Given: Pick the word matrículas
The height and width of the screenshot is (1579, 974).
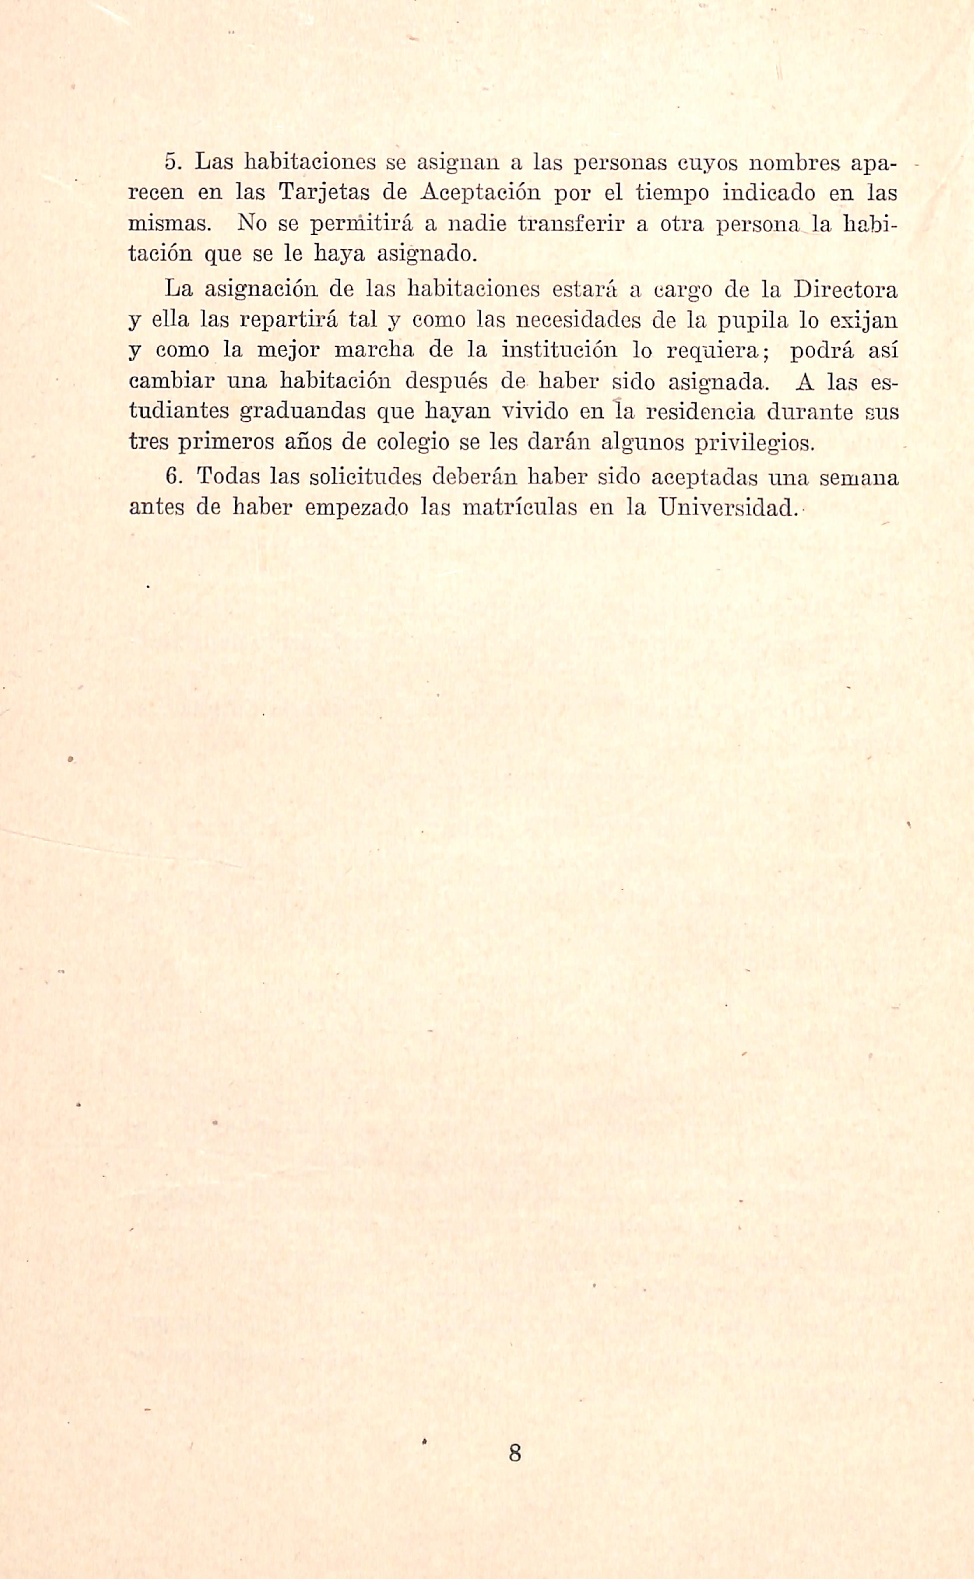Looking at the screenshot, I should [520, 507].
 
